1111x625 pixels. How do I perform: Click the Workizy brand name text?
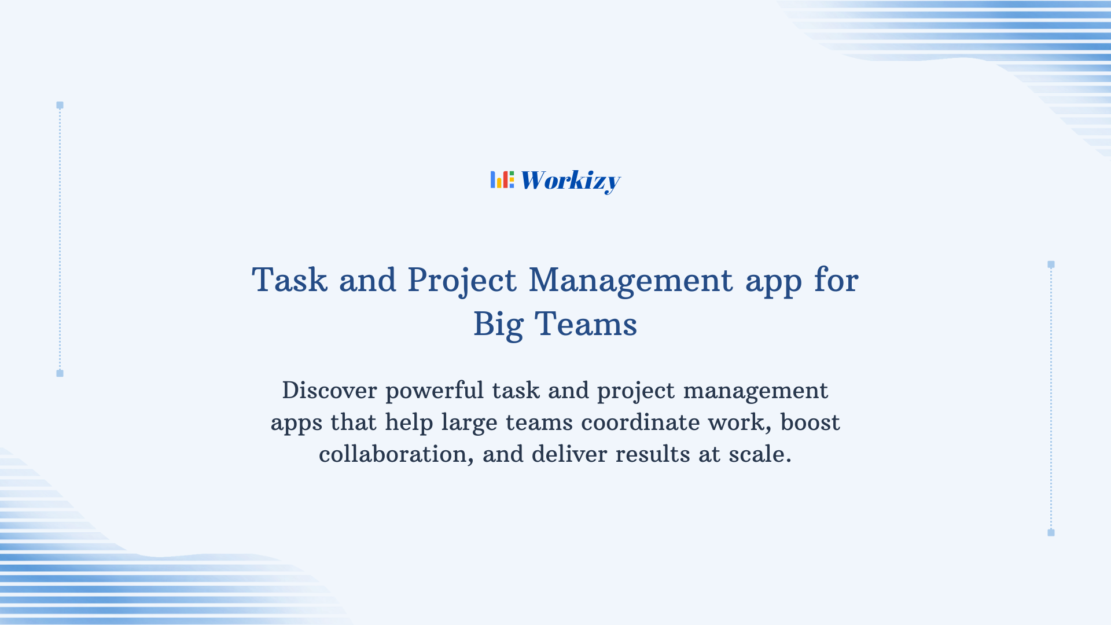coord(570,181)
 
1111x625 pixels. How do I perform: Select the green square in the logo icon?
coord(512,173)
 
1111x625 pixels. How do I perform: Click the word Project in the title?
coord(461,280)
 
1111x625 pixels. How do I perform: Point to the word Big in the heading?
coord(498,324)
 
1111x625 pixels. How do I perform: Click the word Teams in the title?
coord(585,324)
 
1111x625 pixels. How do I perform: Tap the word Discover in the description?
coord(329,391)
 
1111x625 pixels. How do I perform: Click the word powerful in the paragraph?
coord(434,391)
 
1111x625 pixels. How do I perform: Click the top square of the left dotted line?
coord(60,105)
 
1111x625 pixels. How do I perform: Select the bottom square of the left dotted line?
coord(60,373)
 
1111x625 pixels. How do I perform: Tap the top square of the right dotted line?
coord(1051,264)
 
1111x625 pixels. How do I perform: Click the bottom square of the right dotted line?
coord(1051,532)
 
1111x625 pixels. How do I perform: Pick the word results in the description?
coord(652,454)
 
